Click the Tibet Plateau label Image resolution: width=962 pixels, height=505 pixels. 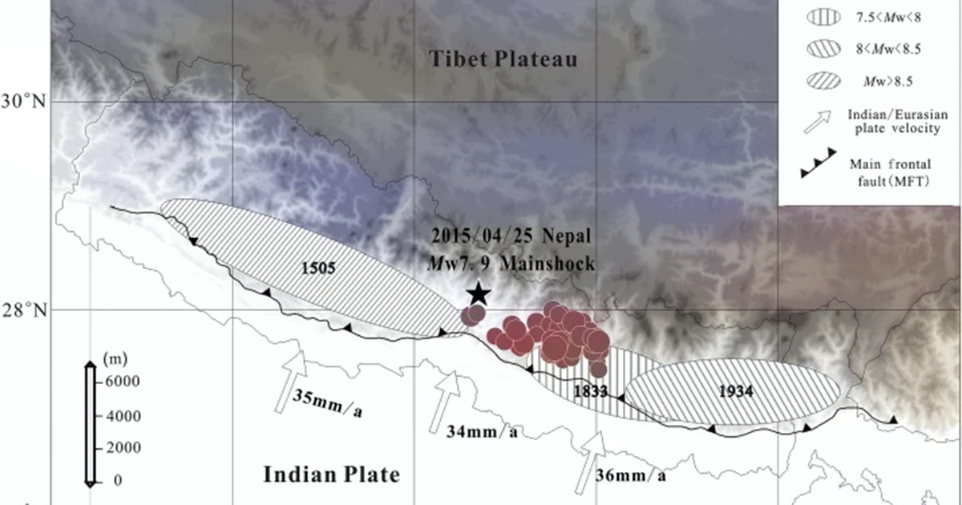coord(503,59)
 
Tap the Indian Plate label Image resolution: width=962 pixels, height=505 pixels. coord(332,475)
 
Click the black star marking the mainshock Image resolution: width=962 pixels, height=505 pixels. coord(479,293)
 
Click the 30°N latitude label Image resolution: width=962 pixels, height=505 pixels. coord(26,102)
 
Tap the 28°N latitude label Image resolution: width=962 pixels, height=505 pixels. coord(26,309)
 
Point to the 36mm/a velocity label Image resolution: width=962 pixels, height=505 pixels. coord(632,475)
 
